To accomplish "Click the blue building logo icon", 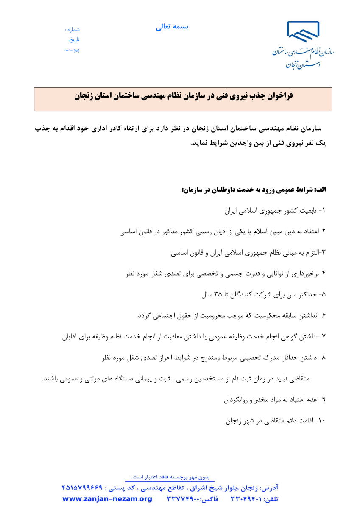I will (x=303, y=32).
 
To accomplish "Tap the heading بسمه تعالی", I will (x=172, y=27).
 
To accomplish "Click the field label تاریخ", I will (x=74, y=39).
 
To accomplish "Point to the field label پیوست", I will (x=72, y=49).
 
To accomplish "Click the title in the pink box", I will (x=183, y=96).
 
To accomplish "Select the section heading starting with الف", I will (x=254, y=189).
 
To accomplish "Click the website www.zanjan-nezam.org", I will (x=107, y=499).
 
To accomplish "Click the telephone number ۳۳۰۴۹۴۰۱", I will (x=248, y=499).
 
